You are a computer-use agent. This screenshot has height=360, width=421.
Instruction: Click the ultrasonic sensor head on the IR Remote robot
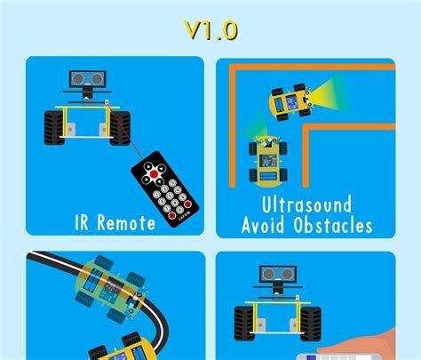(x=85, y=80)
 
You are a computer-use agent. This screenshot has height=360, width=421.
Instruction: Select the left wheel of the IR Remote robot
(x=52, y=127)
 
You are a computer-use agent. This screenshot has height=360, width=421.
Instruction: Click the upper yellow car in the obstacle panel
(x=290, y=102)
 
